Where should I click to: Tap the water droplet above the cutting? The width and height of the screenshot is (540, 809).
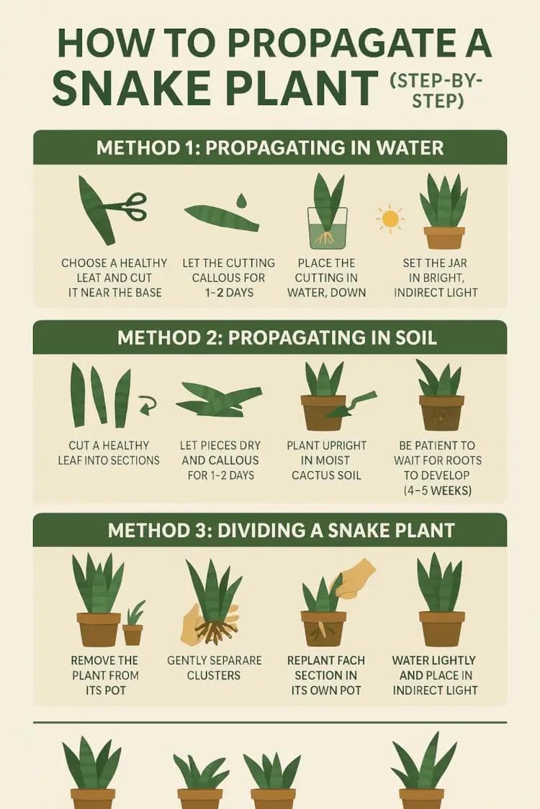click(x=241, y=199)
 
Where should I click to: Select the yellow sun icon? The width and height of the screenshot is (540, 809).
click(x=390, y=217)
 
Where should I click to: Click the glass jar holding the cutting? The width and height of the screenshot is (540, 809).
click(x=328, y=228)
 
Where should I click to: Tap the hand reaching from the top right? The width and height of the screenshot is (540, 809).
click(x=357, y=577)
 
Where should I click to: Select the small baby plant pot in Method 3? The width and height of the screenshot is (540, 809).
click(x=132, y=633)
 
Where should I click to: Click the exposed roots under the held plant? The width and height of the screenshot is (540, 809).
click(x=214, y=631)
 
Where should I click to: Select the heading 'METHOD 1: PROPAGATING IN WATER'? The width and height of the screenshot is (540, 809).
click(x=269, y=148)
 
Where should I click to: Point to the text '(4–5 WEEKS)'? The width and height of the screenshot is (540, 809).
click(x=438, y=490)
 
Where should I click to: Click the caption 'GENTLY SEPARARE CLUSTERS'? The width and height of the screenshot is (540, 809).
click(x=215, y=667)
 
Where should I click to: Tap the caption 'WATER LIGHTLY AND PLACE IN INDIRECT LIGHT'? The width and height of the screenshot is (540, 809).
click(x=435, y=675)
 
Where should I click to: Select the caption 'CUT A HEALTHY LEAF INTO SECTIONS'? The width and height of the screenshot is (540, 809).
click(x=109, y=452)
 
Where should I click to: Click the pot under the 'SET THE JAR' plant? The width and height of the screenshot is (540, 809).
click(x=444, y=237)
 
